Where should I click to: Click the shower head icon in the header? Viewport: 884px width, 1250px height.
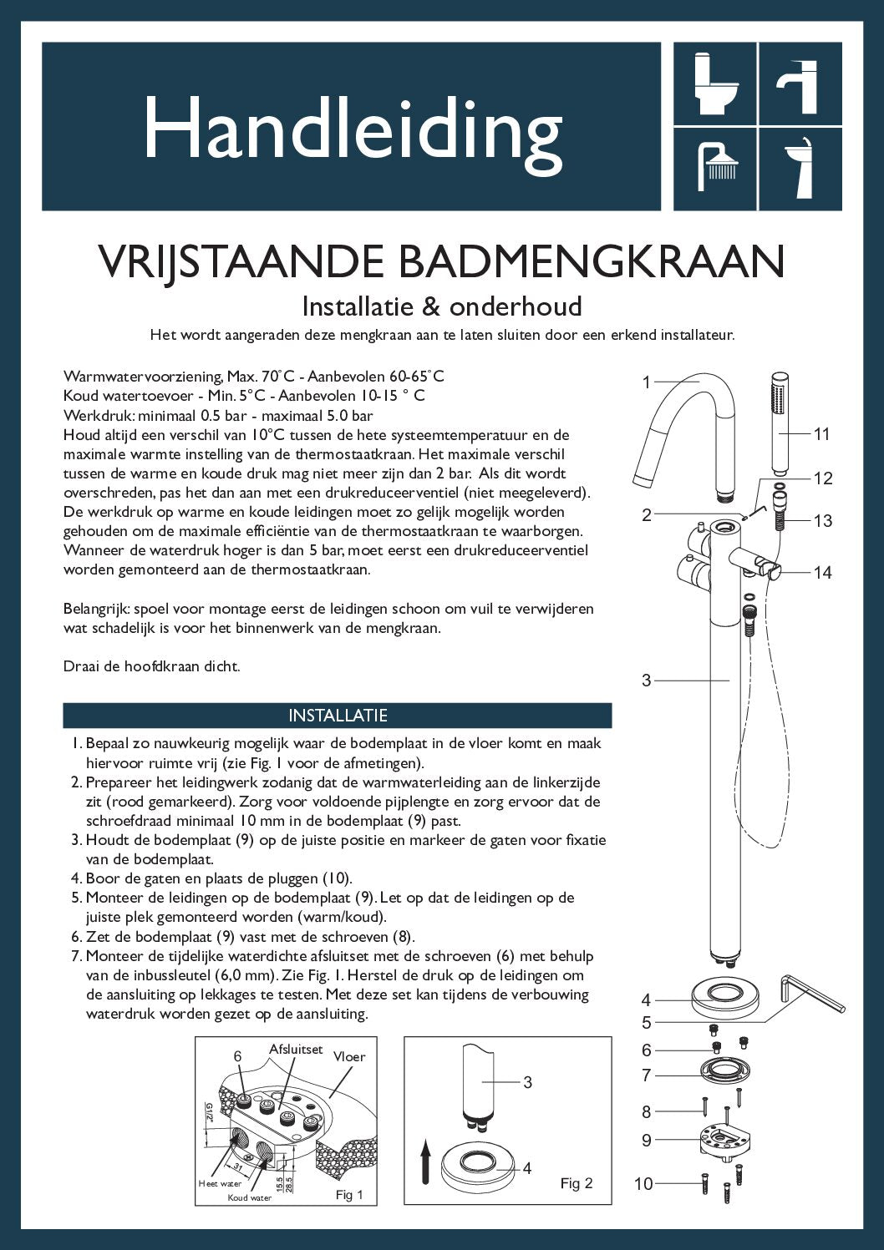point(717,165)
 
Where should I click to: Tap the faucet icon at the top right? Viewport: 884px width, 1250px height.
point(800,85)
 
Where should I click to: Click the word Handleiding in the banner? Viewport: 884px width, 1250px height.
point(353,128)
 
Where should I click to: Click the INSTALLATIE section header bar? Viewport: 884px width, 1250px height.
point(338,716)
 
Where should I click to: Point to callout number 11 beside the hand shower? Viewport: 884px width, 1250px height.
point(821,433)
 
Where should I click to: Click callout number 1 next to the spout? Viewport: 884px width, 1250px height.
point(646,382)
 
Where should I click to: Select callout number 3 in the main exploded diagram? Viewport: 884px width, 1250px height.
point(646,681)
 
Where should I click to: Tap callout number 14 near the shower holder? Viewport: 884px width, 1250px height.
point(822,572)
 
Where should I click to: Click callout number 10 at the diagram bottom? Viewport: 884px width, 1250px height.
point(643,1183)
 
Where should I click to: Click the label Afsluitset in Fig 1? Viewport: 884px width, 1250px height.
point(296,1049)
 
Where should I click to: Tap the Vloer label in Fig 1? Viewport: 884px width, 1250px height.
point(349,1056)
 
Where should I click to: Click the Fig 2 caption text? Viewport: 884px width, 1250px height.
point(576,1183)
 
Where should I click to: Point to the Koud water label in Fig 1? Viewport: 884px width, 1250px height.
point(250,1197)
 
